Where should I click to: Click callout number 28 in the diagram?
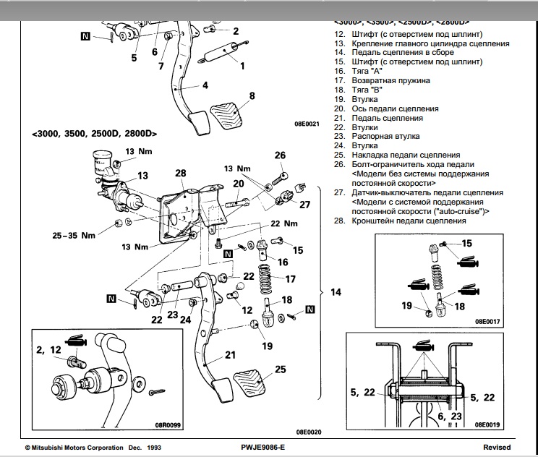[180, 174]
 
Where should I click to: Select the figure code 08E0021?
[307, 124]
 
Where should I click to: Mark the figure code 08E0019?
[489, 424]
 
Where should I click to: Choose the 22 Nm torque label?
[284, 223]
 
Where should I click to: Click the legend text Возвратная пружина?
[391, 81]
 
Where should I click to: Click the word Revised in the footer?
[497, 448]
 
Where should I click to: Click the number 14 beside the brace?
[336, 292]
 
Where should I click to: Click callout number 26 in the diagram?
[280, 155]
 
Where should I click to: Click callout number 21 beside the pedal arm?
[230, 354]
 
